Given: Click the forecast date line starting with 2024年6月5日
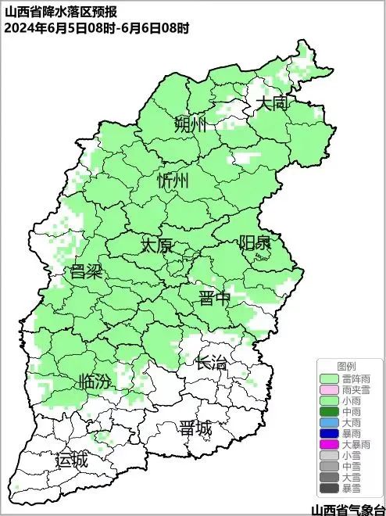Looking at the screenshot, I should [x=96, y=27].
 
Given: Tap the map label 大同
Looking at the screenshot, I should [x=273, y=103].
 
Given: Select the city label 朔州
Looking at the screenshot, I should [x=190, y=124].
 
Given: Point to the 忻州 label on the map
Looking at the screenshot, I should [x=173, y=181].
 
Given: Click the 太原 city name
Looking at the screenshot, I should [x=156, y=245].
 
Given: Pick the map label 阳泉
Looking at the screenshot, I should [x=255, y=242].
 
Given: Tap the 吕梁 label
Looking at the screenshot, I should [x=87, y=272].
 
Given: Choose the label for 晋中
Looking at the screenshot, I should [x=215, y=298].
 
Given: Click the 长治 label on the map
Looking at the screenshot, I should [x=211, y=363].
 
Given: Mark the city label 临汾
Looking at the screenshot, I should [x=95, y=382].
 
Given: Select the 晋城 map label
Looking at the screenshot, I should [x=195, y=428].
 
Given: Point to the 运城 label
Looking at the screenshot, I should [x=71, y=460].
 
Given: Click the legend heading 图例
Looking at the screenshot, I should [x=346, y=366].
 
